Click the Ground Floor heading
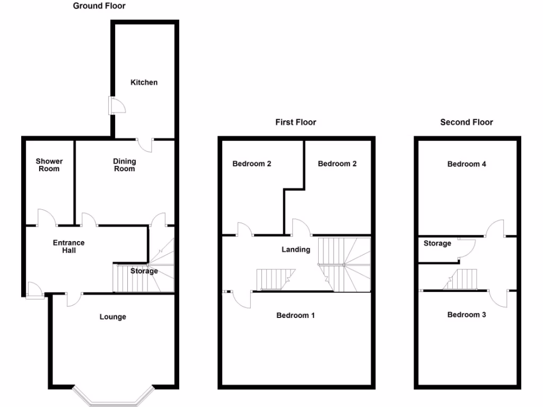[x=99, y=6]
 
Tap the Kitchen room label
[x=144, y=83]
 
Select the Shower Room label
[x=49, y=165]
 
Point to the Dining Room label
[x=125, y=165]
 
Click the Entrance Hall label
[x=69, y=246]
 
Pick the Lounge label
[x=113, y=317]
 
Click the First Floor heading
[x=295, y=122]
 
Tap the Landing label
[x=296, y=249]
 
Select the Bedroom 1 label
[x=296, y=315]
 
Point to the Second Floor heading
[x=467, y=122]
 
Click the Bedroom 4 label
[x=467, y=164]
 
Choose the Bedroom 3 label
[x=467, y=315]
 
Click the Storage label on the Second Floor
[x=437, y=243]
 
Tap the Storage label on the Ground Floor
[x=144, y=271]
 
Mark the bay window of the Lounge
[x=113, y=395]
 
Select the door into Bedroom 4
[x=495, y=228]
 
